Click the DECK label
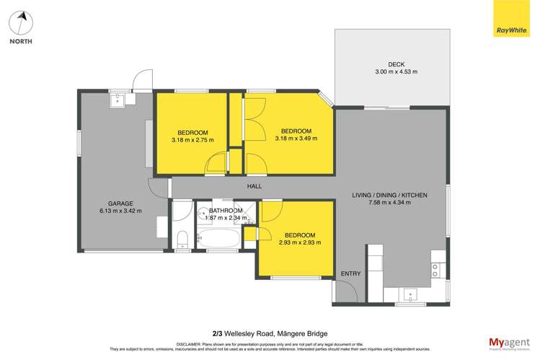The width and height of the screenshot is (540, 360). [x=396, y=63]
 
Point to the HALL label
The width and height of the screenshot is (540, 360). [x=254, y=187]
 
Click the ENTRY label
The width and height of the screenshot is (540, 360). [x=350, y=273]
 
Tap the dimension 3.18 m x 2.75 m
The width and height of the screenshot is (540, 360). [x=193, y=140]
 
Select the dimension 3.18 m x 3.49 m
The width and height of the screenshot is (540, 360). [x=296, y=139]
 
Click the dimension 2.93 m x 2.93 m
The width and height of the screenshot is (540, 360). [x=299, y=243]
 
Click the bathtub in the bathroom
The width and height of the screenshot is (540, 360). [x=223, y=237]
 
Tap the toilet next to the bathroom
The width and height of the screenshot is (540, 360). [x=182, y=239]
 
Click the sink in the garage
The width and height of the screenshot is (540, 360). [x=118, y=100]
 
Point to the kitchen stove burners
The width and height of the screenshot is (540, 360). [x=436, y=270]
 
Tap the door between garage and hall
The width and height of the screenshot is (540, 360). [x=159, y=186]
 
